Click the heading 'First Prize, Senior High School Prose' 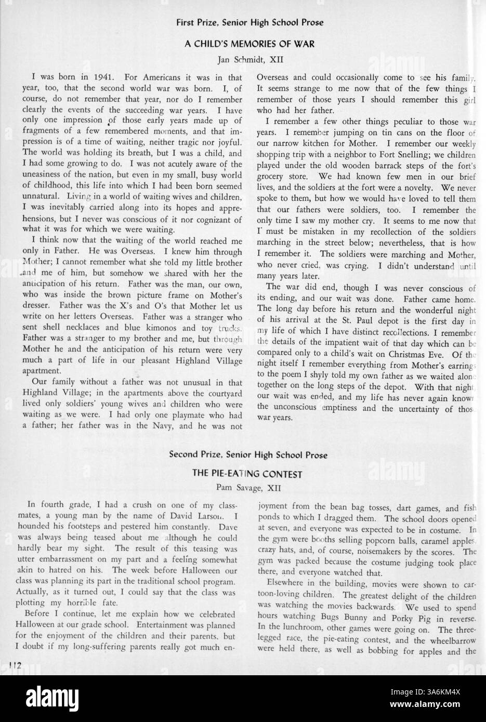coord(249,22)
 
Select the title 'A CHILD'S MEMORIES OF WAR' coord(249,45)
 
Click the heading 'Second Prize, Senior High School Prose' coord(248,455)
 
